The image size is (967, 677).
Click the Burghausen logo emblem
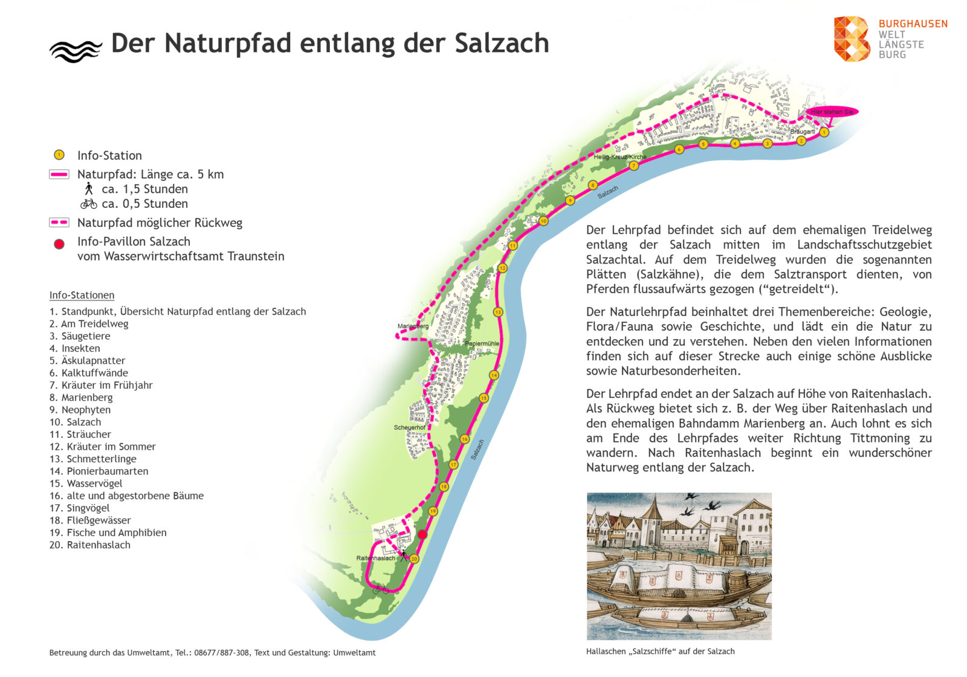(x=852, y=39)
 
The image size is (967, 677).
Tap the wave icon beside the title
(x=76, y=51)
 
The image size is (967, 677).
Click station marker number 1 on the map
(x=824, y=132)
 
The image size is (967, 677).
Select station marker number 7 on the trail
(x=633, y=166)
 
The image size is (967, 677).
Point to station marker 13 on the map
(x=498, y=313)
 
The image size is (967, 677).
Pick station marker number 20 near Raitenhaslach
(x=414, y=559)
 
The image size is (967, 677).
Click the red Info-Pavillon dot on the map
(x=422, y=534)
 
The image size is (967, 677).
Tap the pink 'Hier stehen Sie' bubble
(x=832, y=112)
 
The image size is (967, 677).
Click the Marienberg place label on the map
(x=413, y=326)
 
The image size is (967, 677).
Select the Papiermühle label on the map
(x=482, y=343)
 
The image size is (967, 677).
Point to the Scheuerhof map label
(x=409, y=427)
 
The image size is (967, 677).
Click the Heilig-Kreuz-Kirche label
(x=619, y=157)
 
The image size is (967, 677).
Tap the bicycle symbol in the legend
(x=88, y=204)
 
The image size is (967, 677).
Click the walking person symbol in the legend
(x=89, y=189)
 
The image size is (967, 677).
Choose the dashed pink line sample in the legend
(x=59, y=222)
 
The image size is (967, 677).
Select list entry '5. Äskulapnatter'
(x=87, y=361)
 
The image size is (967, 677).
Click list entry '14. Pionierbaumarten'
(x=99, y=471)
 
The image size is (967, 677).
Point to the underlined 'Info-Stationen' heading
(x=82, y=296)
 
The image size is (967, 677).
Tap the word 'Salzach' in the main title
(x=501, y=44)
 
